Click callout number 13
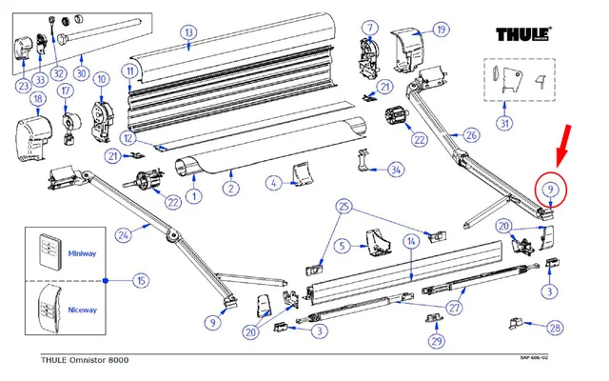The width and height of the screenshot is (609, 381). pyautogui.click(x=188, y=33)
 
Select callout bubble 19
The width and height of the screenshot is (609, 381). pyautogui.click(x=441, y=30)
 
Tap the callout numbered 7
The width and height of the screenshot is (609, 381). pyautogui.click(x=369, y=26)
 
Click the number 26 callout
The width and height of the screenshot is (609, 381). pyautogui.click(x=472, y=136)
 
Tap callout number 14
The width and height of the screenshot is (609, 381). pyautogui.click(x=409, y=243)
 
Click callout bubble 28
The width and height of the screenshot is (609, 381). pyautogui.click(x=555, y=328)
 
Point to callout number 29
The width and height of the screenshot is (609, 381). pyautogui.click(x=437, y=340)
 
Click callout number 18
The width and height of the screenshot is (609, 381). pyautogui.click(x=38, y=99)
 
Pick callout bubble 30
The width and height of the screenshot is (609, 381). pyautogui.click(x=81, y=72)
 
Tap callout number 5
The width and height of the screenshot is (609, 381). pyautogui.click(x=342, y=245)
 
